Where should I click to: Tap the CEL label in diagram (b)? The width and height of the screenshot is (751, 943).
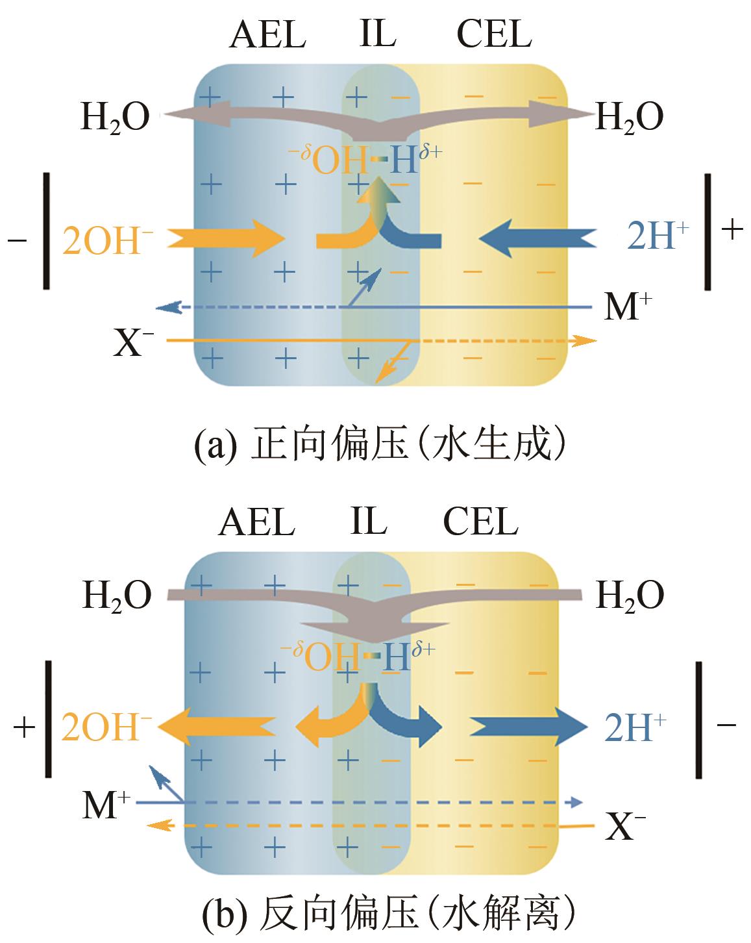[x=480, y=522]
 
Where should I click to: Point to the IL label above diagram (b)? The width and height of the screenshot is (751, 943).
[x=368, y=521]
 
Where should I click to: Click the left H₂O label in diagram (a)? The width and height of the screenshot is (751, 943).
[x=115, y=118]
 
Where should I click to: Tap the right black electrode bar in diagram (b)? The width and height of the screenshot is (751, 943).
[x=699, y=719]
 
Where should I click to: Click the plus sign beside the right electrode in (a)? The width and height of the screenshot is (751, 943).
[x=732, y=230]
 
